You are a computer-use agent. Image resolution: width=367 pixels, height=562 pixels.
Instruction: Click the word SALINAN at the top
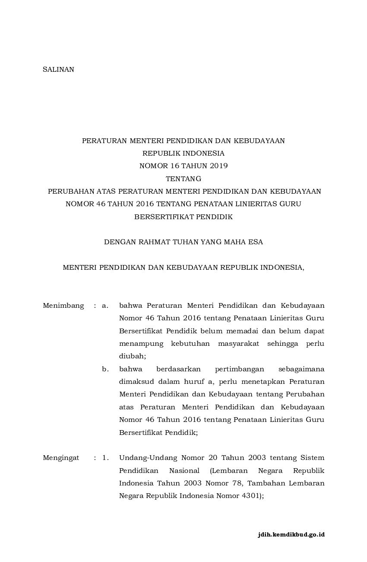click(58, 69)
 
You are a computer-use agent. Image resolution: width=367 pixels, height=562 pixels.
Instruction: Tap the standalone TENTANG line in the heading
click(183, 179)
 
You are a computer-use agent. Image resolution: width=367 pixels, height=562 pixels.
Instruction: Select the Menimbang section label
click(63, 306)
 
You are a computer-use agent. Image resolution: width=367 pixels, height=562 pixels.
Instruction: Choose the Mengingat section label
click(61, 458)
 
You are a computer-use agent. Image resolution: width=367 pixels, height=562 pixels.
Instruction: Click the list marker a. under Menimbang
click(105, 306)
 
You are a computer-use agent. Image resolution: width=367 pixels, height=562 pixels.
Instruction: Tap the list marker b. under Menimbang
click(105, 369)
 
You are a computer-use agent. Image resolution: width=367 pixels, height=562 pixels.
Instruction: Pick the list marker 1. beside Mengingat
click(105, 458)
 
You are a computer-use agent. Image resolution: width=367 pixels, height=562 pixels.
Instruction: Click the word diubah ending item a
click(133, 357)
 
